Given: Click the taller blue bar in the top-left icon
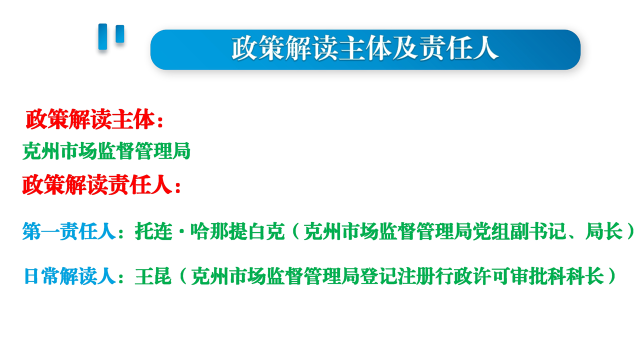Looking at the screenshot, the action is (x=102, y=36).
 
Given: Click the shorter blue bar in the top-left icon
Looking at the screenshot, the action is (x=119, y=33).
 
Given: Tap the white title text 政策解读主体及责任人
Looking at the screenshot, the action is (x=365, y=48).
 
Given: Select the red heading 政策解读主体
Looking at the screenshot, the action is (x=90, y=119).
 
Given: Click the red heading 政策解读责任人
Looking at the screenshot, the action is (x=97, y=185).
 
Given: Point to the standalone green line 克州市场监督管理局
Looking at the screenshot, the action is (x=106, y=150).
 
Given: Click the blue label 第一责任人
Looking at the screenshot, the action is (x=69, y=231).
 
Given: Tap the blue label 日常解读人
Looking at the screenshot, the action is (x=70, y=276).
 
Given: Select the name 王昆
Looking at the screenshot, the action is (x=153, y=276).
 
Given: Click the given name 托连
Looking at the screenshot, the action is (x=153, y=231).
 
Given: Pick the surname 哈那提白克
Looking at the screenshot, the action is (x=237, y=231).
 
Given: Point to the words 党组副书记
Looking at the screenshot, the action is (x=519, y=231).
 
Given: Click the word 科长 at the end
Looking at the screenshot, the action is (x=585, y=276).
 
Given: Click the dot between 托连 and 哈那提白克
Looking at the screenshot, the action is (x=181, y=231).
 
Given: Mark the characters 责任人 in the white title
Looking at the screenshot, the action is (x=459, y=48).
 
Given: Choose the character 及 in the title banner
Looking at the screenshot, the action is (x=405, y=48).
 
